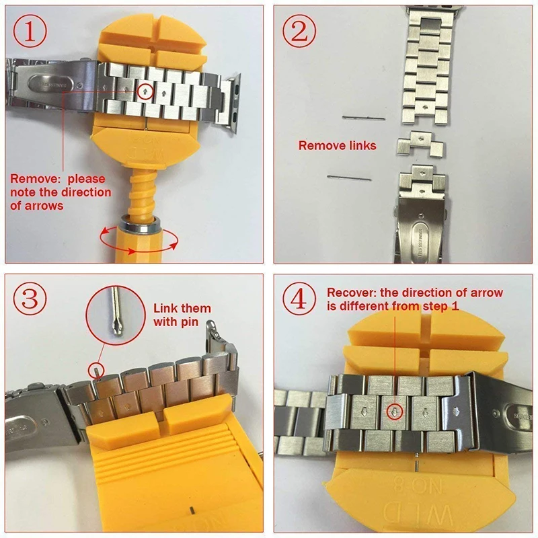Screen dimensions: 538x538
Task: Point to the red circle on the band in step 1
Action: [x=145, y=91]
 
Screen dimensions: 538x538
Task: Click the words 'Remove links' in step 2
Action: [x=337, y=145]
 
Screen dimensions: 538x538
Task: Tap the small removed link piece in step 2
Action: [x=414, y=145]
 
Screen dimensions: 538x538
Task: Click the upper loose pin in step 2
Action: [x=363, y=118]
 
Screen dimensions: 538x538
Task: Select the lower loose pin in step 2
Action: [x=349, y=177]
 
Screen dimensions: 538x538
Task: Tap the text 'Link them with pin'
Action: [x=182, y=315]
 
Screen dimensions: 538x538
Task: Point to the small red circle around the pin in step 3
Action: [x=97, y=369]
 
